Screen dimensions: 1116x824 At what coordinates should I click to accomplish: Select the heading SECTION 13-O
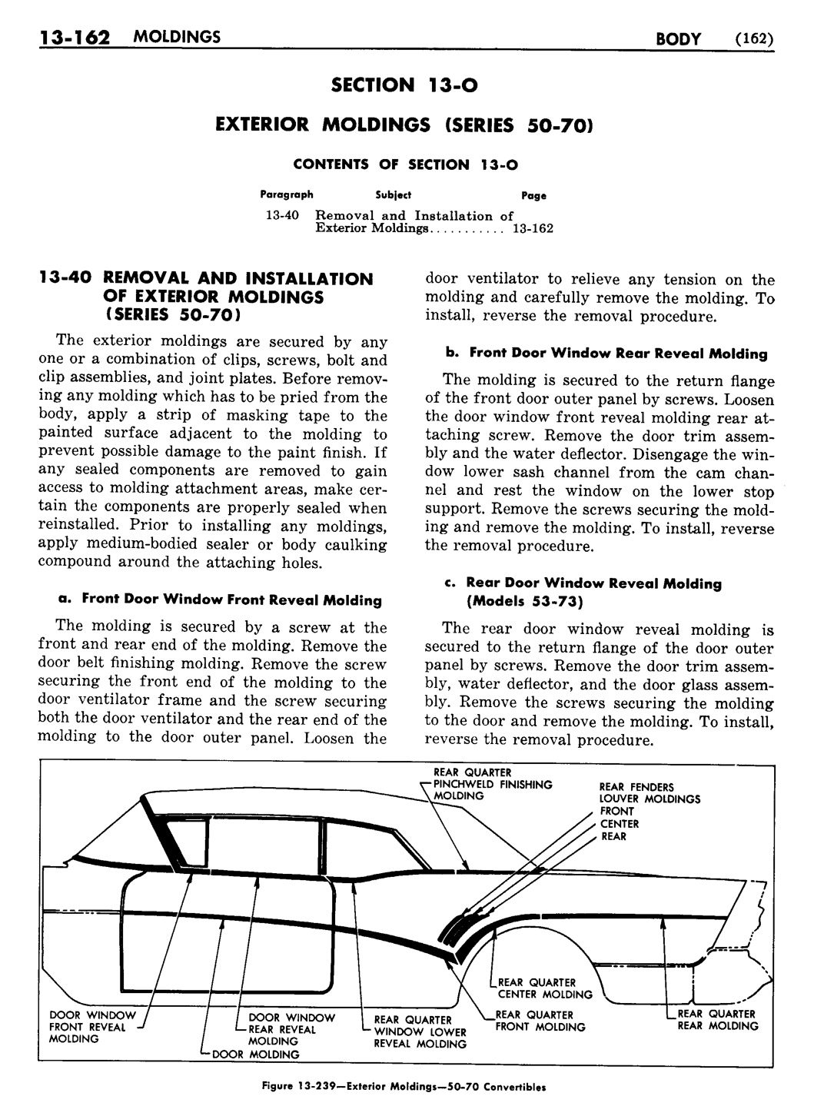coord(404,85)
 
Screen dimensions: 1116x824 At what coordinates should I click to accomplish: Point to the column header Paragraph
coord(286,195)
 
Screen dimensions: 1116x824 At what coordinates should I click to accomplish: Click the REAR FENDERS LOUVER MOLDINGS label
coord(650,792)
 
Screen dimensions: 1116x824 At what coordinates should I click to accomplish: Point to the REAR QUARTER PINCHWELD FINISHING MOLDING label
coord(492,784)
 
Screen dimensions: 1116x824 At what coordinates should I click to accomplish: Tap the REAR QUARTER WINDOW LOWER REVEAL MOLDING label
coord(420,1032)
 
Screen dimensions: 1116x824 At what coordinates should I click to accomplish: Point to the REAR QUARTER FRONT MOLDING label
coord(540,1021)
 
